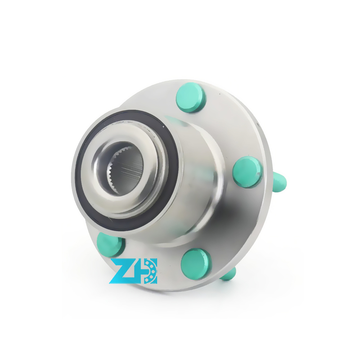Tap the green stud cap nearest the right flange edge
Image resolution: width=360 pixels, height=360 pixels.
coord(248,172)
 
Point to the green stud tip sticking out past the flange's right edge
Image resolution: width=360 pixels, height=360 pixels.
coord(279,182)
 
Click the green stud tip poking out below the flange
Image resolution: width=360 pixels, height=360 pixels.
coord(229,274)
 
